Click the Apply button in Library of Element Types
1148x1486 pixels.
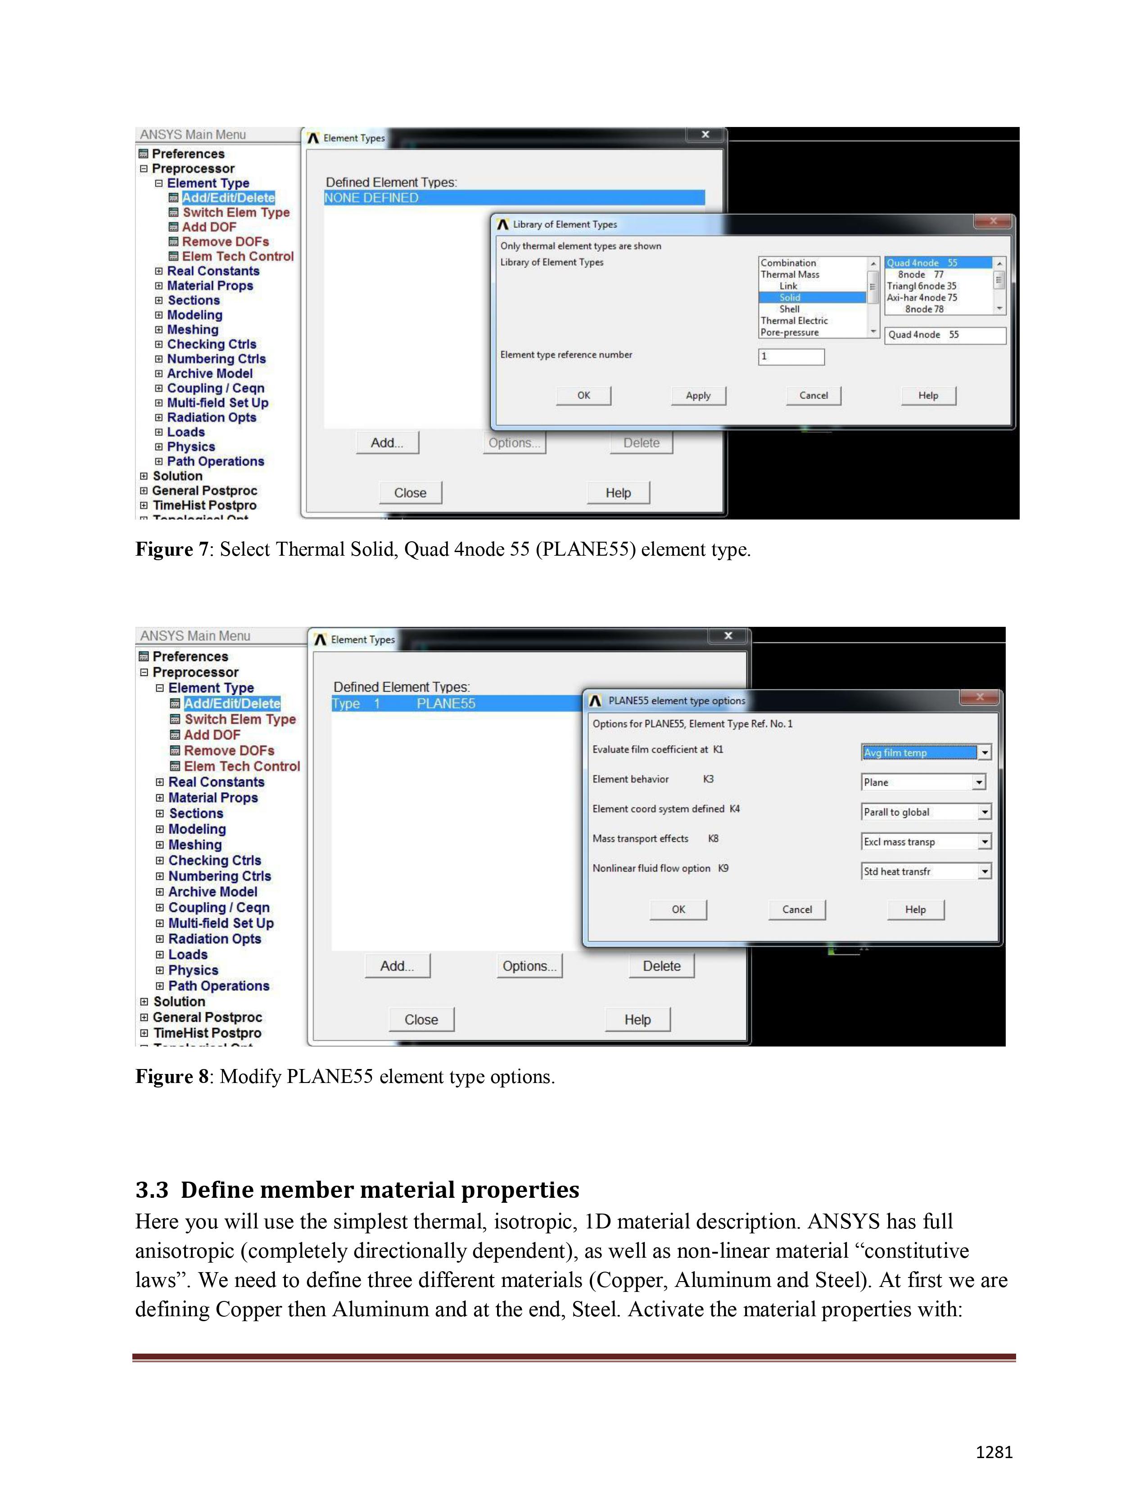click(698, 395)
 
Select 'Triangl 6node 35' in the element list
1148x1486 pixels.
click(922, 286)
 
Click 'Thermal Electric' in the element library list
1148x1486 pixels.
click(794, 321)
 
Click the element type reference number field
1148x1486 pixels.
click(791, 357)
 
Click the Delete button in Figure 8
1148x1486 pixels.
click(661, 966)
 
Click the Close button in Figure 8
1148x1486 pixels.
click(421, 1019)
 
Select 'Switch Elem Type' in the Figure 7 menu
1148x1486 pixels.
click(236, 212)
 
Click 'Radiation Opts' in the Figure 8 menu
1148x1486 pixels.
click(214, 939)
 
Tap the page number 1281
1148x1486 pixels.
click(994, 1452)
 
